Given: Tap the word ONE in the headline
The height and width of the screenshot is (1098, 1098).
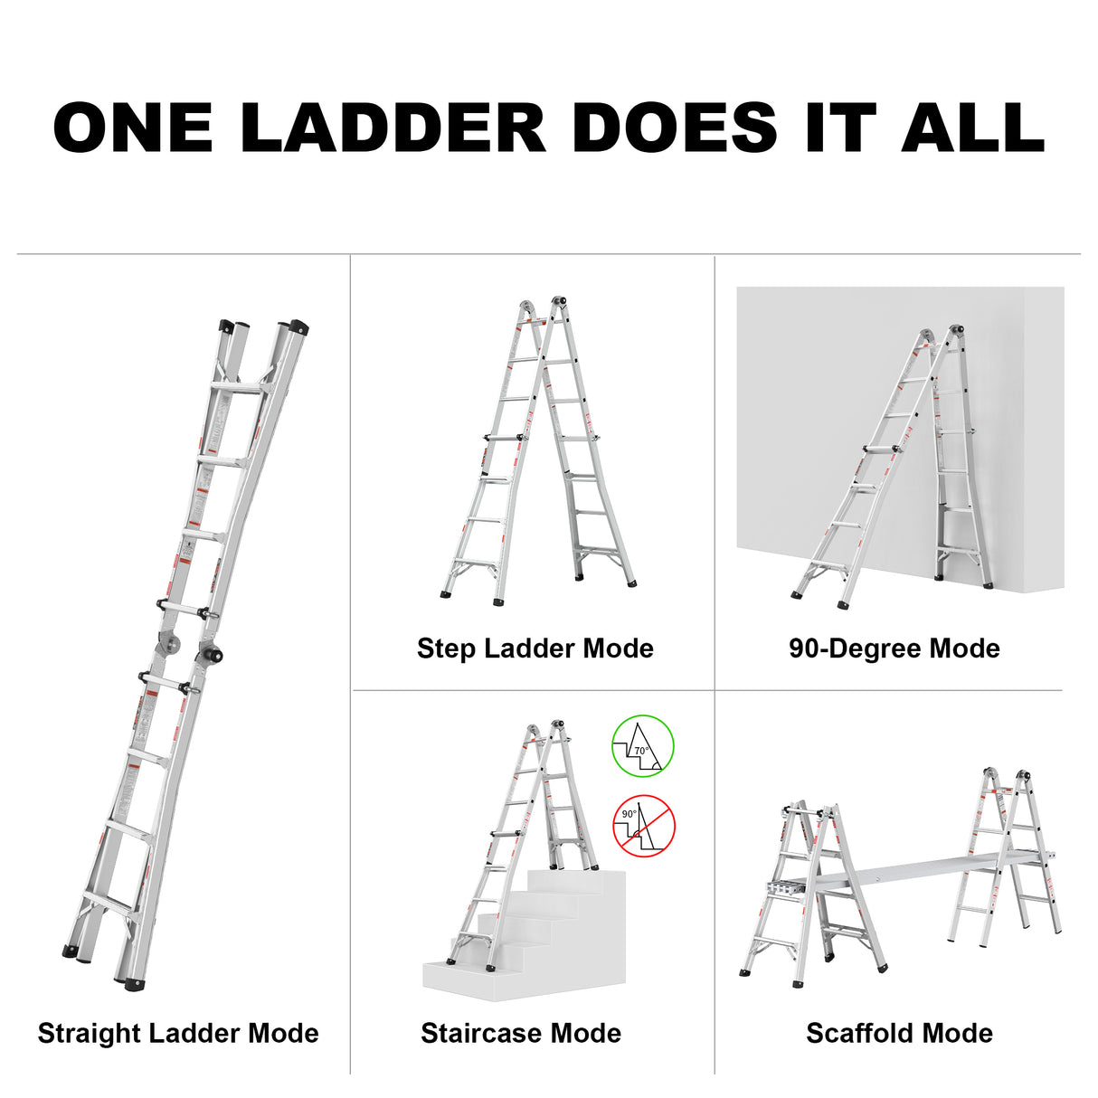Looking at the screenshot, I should click(133, 128).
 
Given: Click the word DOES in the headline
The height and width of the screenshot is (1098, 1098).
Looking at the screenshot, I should click(675, 128).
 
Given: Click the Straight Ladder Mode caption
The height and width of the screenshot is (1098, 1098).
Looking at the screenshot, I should click(178, 1033).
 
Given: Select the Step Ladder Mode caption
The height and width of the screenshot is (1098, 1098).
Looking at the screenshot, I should click(535, 648).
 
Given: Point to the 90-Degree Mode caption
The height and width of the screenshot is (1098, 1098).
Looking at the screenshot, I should click(894, 648).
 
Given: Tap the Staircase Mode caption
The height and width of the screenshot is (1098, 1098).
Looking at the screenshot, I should click(520, 1033).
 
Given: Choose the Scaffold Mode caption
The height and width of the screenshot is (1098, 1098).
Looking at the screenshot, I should click(899, 1033).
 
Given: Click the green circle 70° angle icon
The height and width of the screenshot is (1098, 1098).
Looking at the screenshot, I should click(643, 745).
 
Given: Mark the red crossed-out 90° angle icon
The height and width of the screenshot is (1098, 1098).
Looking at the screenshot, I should click(644, 825).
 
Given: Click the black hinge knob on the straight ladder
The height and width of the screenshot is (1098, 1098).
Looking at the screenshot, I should click(215, 654).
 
